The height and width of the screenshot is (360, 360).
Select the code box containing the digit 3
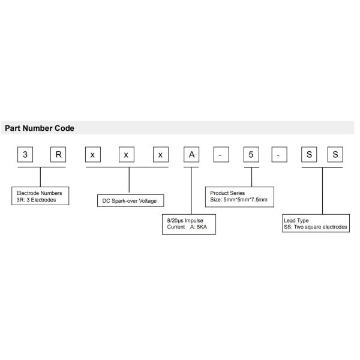25,155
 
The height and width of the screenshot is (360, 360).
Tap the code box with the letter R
58,155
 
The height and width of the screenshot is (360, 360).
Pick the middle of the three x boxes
127,155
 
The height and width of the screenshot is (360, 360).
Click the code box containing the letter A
191,155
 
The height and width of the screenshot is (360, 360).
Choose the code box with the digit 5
251,155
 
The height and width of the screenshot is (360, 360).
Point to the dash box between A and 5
221,155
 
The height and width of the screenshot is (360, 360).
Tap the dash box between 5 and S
280,155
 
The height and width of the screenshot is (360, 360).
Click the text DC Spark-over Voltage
130,201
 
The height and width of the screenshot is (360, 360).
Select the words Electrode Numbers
39,193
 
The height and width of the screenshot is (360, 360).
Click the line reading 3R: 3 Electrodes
36,200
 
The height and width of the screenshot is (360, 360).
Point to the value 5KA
202,227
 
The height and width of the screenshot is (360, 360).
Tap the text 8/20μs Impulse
185,221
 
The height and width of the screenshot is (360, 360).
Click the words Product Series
227,193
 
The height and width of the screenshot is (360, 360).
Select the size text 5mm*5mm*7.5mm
245,200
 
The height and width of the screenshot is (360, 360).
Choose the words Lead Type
296,221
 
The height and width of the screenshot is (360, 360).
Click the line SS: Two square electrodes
316,227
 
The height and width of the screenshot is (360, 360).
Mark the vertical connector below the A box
191,191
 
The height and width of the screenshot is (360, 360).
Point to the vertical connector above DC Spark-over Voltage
129,180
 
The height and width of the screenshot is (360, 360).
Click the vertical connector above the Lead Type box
323,191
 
